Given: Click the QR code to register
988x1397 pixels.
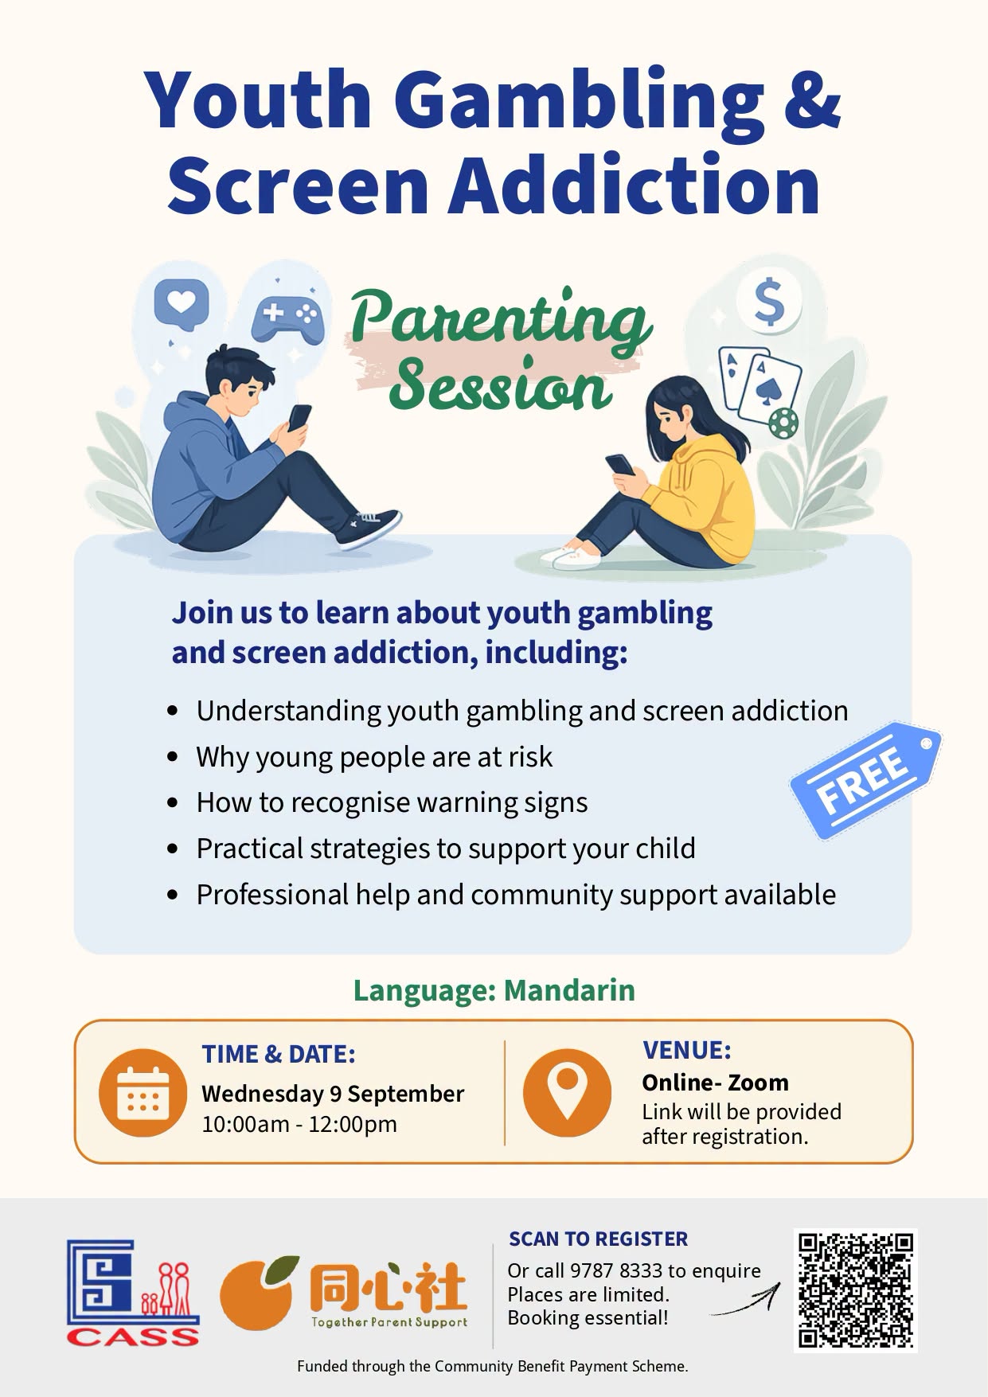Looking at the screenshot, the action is tap(855, 1290).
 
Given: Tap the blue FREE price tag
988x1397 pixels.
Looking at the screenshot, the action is tap(865, 781).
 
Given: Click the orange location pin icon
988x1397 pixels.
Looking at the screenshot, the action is tap(567, 1092).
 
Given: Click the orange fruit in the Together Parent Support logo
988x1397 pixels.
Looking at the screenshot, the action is tap(258, 1294).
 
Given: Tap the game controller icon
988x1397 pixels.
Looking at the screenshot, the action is tap(287, 317).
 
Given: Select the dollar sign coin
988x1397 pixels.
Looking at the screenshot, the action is tap(769, 302).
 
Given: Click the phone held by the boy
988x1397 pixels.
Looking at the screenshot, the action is tap(300, 418).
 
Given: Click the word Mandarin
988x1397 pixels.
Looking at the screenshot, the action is tap(569, 990).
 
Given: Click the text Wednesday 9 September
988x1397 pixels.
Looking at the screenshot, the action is tap(333, 1094).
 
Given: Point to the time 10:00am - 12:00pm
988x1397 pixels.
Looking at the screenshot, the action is tap(299, 1124).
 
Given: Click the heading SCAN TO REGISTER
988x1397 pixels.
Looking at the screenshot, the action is tap(599, 1239).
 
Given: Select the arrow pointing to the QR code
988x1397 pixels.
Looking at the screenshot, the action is tap(744, 1300).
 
